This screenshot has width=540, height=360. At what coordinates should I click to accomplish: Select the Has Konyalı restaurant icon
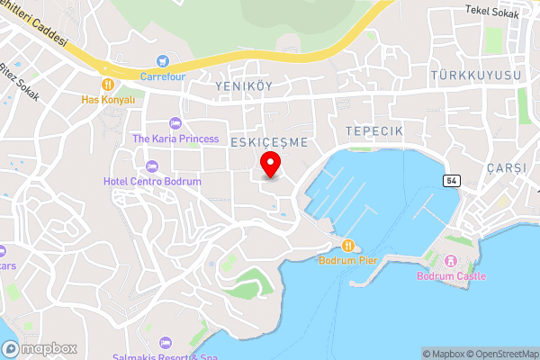(108, 85)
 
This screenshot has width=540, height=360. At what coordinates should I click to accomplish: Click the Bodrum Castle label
(451, 276)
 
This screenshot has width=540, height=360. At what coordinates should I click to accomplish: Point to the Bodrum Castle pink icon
(452, 261)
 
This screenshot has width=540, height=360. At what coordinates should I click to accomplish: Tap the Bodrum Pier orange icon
(348, 246)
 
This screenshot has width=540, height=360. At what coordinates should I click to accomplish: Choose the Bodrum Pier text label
(348, 261)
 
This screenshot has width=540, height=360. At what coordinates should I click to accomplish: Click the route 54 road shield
(451, 181)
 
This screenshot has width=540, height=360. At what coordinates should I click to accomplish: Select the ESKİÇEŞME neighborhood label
(269, 142)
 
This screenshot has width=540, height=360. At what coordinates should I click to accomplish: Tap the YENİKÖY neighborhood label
(244, 85)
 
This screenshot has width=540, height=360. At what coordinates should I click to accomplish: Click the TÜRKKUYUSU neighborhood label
(475, 76)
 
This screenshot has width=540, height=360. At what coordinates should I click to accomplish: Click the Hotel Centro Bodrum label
(152, 181)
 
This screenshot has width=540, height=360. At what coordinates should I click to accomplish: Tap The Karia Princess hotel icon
(175, 122)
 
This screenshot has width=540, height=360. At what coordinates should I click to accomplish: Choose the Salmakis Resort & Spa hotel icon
(165, 343)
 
